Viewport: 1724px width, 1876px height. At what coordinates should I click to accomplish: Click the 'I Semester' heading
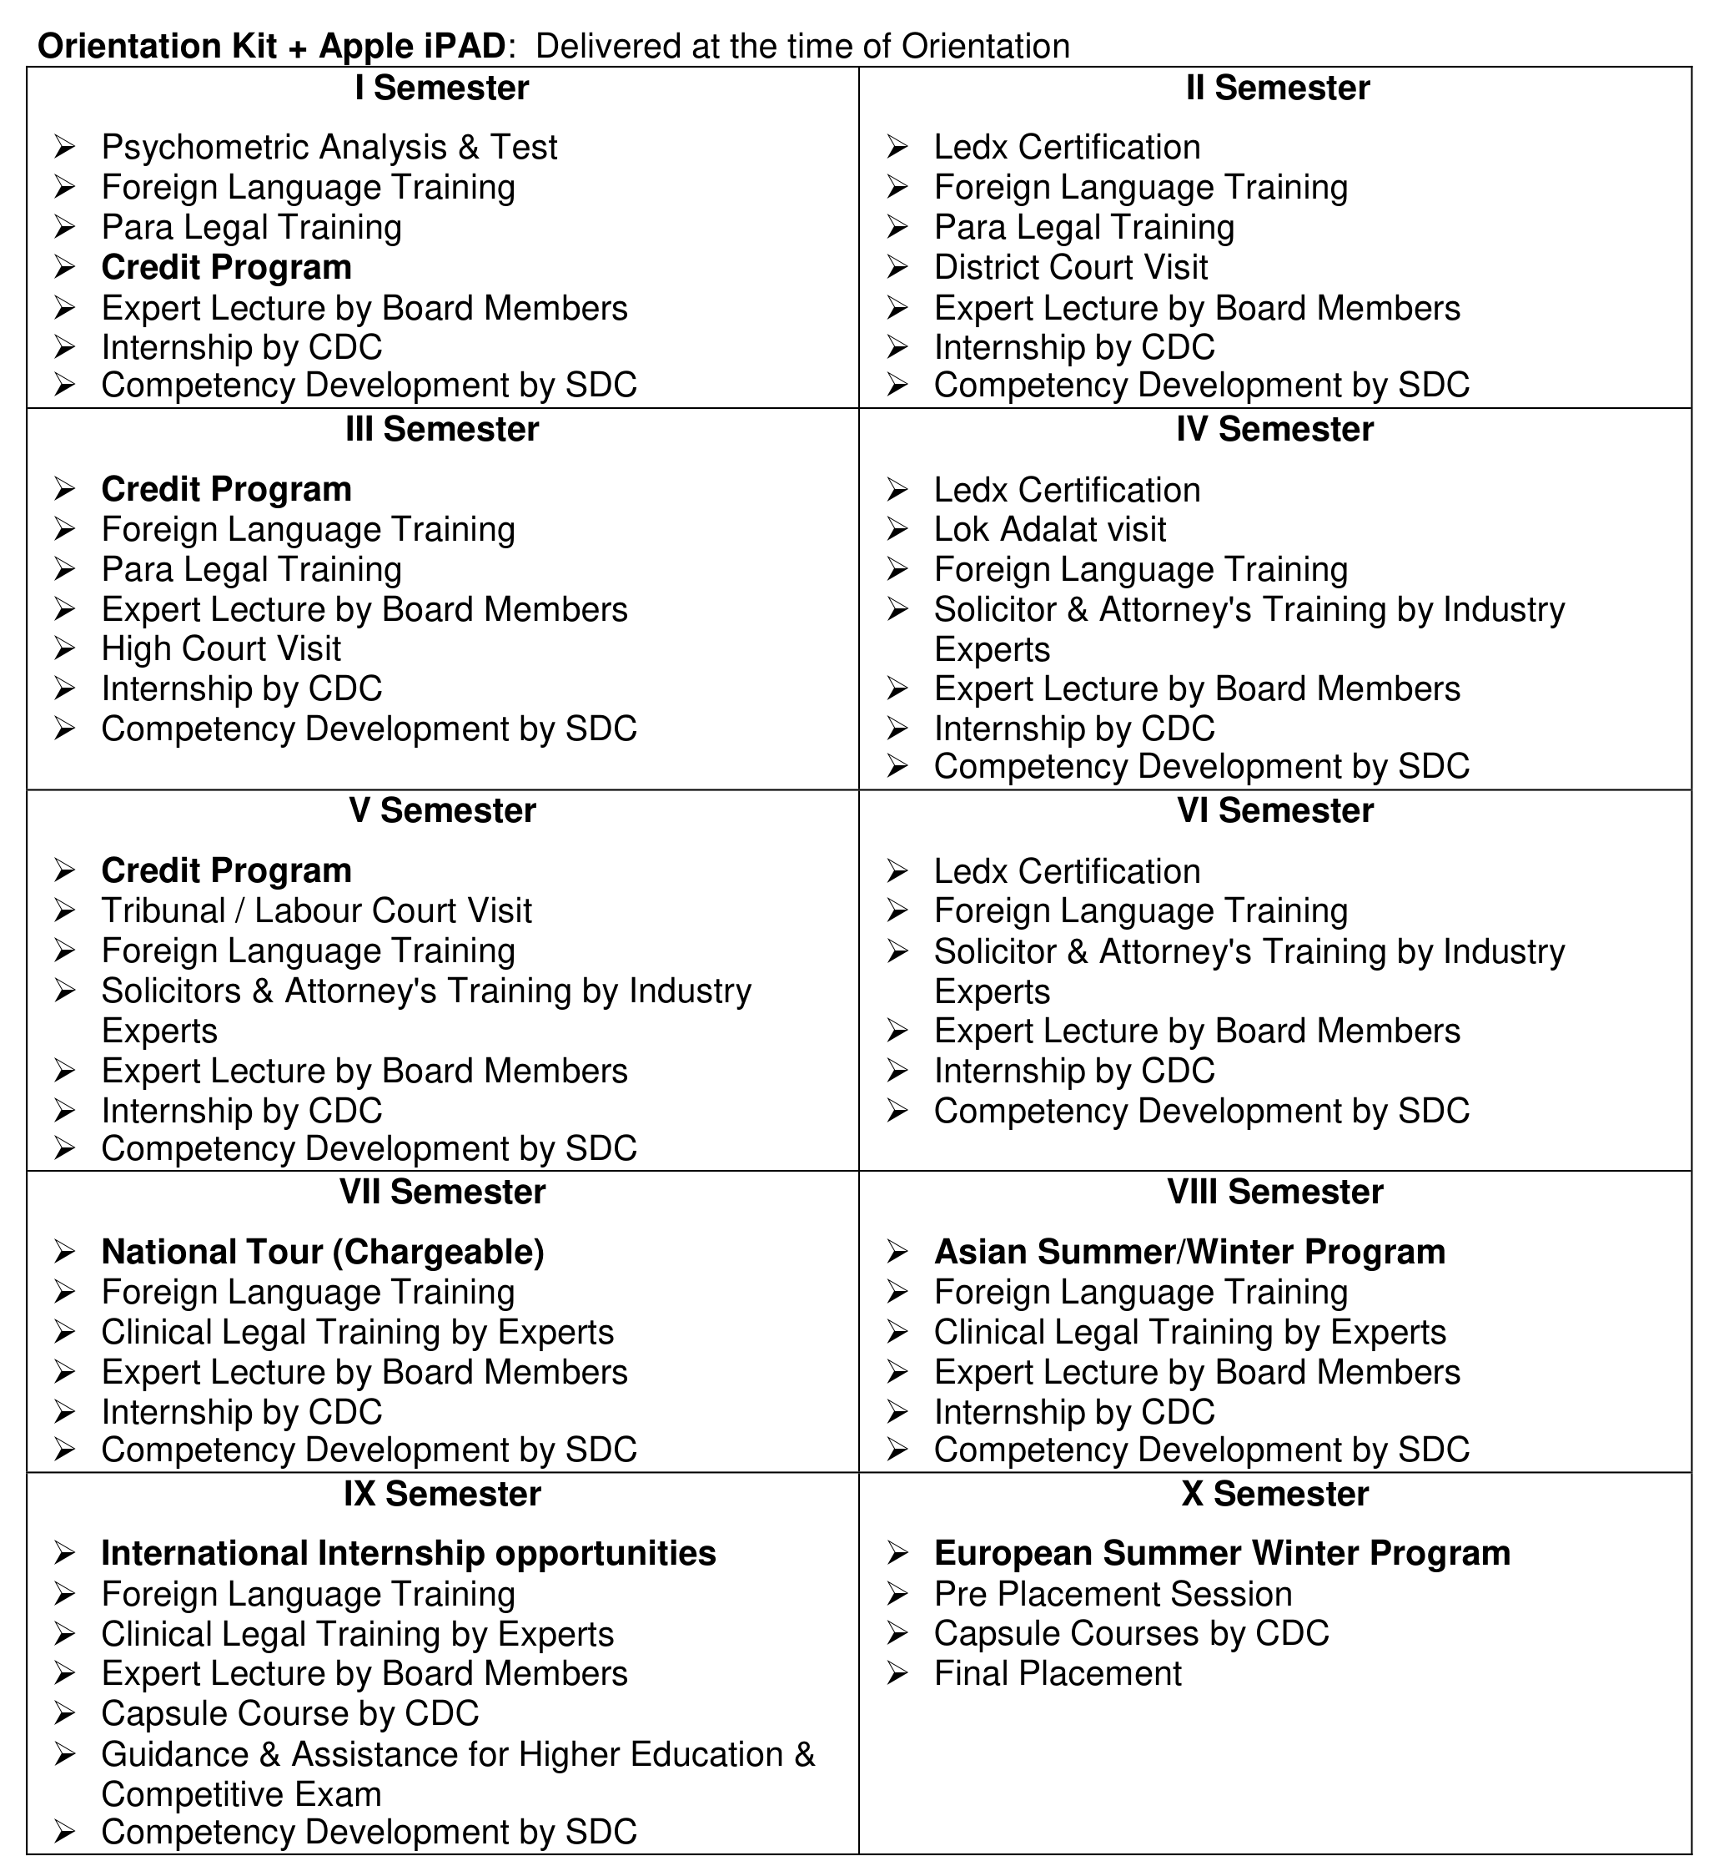(441, 88)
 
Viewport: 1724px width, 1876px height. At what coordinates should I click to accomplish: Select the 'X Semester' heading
(1274, 1495)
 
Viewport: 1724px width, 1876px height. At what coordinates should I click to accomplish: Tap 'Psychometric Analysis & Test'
(329, 148)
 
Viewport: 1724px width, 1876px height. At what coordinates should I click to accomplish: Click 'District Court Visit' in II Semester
(1070, 268)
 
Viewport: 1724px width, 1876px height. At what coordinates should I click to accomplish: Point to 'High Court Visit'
(221, 648)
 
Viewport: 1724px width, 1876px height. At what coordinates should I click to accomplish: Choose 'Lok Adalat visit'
(1049, 529)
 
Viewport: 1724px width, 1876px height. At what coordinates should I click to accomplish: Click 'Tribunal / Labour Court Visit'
(316, 911)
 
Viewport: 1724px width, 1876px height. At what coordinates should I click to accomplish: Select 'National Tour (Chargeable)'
(322, 1253)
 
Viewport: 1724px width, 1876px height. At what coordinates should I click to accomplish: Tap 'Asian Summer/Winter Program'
(1189, 1253)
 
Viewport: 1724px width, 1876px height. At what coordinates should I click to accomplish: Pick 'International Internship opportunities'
(408, 1554)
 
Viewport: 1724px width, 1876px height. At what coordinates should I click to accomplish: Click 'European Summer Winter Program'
(1221, 1554)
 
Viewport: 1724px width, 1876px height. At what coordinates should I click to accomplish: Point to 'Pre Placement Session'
(1112, 1594)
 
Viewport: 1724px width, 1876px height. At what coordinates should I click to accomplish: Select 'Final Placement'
(1057, 1674)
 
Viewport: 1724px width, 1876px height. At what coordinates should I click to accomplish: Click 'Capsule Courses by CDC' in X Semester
(1131, 1634)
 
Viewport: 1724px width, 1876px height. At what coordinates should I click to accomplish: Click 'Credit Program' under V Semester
(226, 870)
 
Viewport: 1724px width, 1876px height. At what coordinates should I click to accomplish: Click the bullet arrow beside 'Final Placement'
(897, 1674)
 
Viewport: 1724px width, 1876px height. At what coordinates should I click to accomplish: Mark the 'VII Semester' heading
(441, 1193)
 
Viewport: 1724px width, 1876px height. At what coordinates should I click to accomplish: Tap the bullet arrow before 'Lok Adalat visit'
(897, 530)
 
